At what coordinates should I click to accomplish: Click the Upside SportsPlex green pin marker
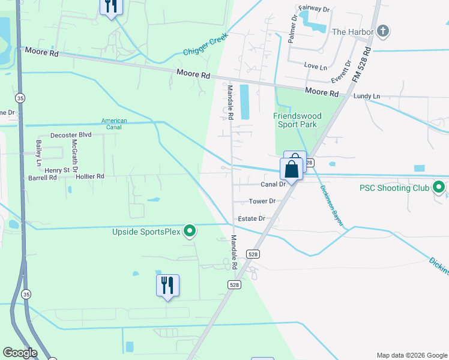[190, 230]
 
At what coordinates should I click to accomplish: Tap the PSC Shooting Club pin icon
[439, 188]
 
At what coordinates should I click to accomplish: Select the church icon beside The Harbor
[383, 32]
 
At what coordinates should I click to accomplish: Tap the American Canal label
[114, 124]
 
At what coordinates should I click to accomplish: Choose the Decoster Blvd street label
[71, 135]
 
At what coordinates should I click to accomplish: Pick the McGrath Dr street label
[76, 158]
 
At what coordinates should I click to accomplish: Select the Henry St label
[58, 170]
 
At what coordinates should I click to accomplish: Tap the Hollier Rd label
[90, 176]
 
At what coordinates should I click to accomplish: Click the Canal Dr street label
[272, 184]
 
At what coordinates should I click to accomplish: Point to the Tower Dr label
[262, 201]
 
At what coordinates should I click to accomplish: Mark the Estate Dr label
[252, 219]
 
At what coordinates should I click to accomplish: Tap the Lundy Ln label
[367, 96]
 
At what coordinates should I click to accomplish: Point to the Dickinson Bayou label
[331, 205]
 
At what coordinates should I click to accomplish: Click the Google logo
[20, 353]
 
